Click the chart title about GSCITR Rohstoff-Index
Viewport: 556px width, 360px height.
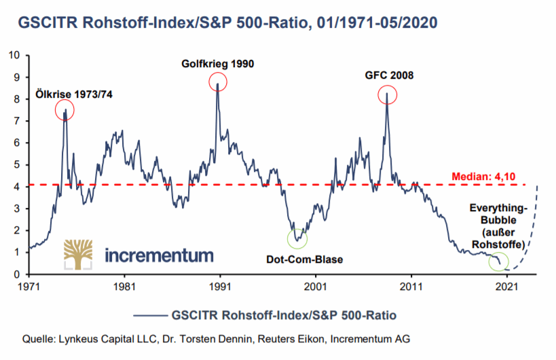(224, 22)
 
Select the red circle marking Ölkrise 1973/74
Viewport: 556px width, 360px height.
(65, 111)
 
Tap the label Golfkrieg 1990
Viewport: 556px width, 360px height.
(217, 65)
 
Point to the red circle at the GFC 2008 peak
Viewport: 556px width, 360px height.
(387, 95)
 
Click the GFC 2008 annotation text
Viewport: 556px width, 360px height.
(388, 75)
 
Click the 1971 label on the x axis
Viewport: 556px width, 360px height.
(29, 287)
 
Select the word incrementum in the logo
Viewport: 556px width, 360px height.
(159, 255)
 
